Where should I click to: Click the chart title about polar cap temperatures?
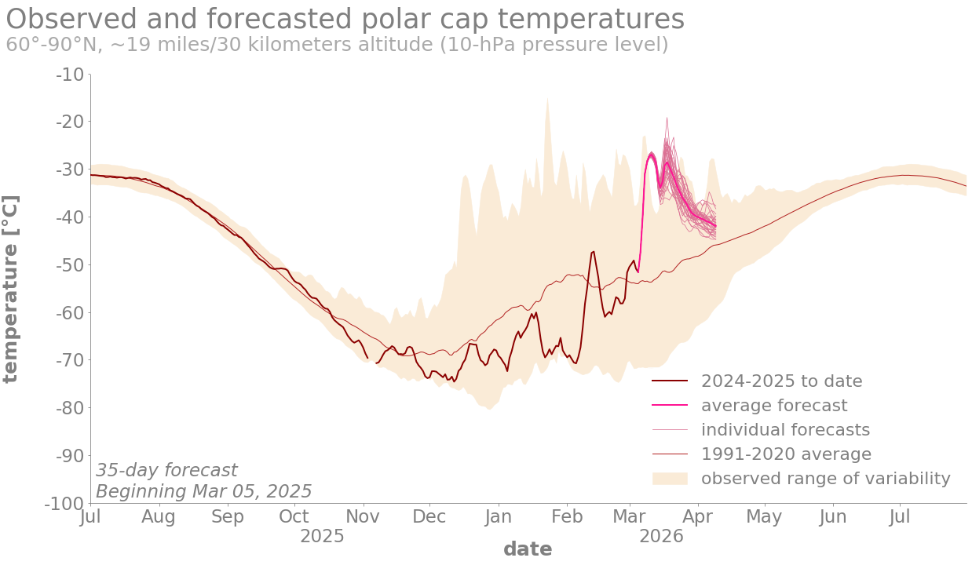[x=345, y=19]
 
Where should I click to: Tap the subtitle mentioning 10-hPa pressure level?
[x=337, y=45]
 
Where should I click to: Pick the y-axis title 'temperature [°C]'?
[x=10, y=288]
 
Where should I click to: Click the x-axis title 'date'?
[x=528, y=549]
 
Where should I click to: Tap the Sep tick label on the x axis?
[x=228, y=517]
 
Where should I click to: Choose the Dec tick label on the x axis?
[x=429, y=517]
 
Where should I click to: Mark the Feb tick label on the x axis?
[x=567, y=517]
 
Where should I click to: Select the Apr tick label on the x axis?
[x=697, y=517]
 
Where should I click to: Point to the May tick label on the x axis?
[x=764, y=517]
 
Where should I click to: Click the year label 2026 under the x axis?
[x=661, y=537]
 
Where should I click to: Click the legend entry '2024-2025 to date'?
[x=781, y=381]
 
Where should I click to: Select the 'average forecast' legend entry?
[x=773, y=406]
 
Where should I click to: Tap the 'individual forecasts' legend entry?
[x=785, y=430]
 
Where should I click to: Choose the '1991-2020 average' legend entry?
[x=786, y=454]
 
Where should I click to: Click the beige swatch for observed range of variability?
[x=670, y=479]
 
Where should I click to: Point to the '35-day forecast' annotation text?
[x=166, y=471]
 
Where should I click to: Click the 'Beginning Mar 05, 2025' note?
[x=204, y=492]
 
